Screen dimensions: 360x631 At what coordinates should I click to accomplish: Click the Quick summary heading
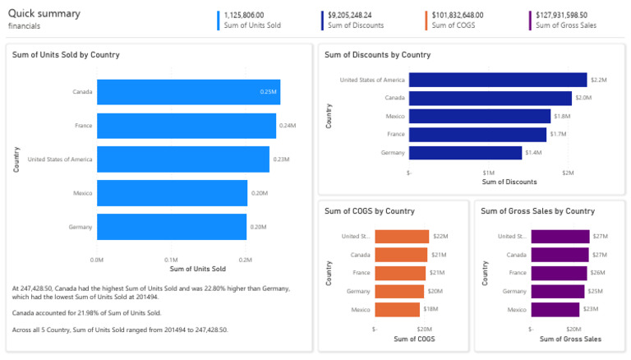coord(44,13)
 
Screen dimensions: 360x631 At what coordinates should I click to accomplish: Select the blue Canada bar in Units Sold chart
coord(188,92)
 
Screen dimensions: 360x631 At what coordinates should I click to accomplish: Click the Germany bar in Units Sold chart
coord(172,227)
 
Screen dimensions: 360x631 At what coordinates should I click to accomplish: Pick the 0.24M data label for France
coord(286,126)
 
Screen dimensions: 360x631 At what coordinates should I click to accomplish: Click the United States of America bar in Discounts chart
coord(497,80)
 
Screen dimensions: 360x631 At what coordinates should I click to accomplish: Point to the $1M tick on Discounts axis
coord(488,173)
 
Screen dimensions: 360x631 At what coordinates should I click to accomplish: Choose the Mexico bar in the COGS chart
coord(397,310)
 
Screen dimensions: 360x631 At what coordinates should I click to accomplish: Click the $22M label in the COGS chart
coord(440,237)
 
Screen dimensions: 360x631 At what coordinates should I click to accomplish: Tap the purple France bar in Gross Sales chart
coord(559,273)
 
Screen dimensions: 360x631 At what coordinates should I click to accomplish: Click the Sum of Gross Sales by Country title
coord(537,211)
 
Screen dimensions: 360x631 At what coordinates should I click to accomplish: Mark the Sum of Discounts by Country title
coord(377,55)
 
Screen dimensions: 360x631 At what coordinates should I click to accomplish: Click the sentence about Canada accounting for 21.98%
coord(86,312)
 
